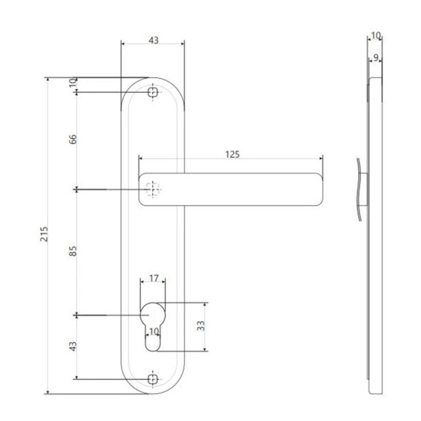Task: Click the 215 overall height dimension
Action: click(x=44, y=234)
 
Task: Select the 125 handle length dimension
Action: click(x=232, y=155)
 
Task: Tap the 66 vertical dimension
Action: click(x=73, y=139)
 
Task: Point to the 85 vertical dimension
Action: click(x=73, y=251)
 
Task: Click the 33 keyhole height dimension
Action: click(x=201, y=326)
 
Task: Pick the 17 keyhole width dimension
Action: click(x=154, y=278)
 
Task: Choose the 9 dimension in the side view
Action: click(x=376, y=57)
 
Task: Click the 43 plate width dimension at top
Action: click(x=153, y=40)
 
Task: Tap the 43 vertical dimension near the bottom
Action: click(x=73, y=347)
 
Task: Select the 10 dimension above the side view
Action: click(x=376, y=35)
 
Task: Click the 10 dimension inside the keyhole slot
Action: click(x=154, y=332)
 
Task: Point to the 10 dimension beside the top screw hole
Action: click(x=73, y=83)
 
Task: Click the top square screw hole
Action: click(x=153, y=92)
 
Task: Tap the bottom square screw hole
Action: click(x=153, y=379)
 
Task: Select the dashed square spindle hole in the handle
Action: click(x=153, y=189)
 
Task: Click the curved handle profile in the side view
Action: click(x=359, y=189)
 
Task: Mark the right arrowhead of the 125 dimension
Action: click(x=321, y=159)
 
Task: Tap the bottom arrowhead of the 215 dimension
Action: click(x=48, y=392)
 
